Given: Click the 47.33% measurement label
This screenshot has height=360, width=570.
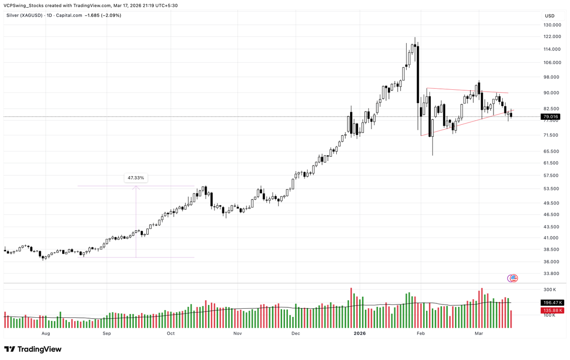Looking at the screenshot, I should click(x=136, y=178).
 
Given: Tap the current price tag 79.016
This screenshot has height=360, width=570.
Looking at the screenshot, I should click(x=551, y=116).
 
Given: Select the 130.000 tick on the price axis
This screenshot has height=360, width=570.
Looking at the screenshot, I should click(x=552, y=25).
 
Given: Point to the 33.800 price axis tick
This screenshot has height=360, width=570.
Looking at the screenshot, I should click(x=552, y=274).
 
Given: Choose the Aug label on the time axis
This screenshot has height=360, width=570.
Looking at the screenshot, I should click(x=46, y=333).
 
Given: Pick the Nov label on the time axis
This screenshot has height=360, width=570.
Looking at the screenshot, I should click(x=238, y=333).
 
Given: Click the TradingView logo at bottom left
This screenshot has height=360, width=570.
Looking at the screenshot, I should click(x=33, y=349).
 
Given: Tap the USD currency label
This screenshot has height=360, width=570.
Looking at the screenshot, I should click(x=549, y=15).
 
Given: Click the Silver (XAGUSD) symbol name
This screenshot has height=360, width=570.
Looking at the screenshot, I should click(x=24, y=15).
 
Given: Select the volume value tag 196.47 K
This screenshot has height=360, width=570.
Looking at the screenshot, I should click(x=551, y=302).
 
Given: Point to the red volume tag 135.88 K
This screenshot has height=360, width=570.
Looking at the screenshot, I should click(x=551, y=310).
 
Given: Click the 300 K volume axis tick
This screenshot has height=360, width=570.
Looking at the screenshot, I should click(x=550, y=290).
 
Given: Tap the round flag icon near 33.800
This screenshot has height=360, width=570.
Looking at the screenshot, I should click(x=513, y=278).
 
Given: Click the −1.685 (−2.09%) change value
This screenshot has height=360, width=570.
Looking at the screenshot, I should click(x=103, y=15).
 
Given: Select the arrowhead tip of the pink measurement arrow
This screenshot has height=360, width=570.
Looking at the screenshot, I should click(x=136, y=186).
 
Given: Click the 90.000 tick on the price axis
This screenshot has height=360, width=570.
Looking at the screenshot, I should click(x=552, y=93).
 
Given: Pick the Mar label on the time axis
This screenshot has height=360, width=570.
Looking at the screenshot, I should click(x=479, y=333).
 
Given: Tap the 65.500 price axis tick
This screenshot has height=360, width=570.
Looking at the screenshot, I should click(x=552, y=152).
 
